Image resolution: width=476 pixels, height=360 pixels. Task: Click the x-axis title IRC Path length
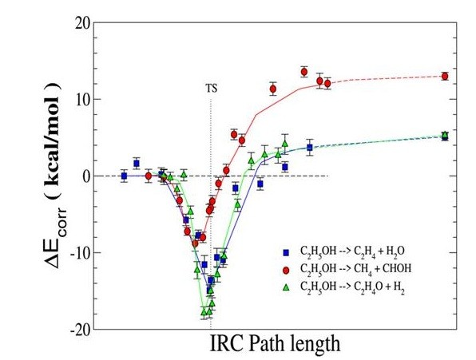pyautogui.click(x=276, y=345)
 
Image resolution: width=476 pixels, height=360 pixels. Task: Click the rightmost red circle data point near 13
pyautogui.click(x=445, y=77)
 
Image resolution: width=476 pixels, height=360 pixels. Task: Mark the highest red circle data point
pyautogui.click(x=304, y=72)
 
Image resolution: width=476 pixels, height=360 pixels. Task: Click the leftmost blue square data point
pyautogui.click(x=124, y=176)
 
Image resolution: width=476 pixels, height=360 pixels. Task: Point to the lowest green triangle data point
pyautogui.click(x=205, y=312)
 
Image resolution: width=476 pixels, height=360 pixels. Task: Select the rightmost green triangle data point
pyautogui.click(x=445, y=136)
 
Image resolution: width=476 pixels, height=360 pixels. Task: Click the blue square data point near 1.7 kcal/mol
pyautogui.click(x=137, y=163)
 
